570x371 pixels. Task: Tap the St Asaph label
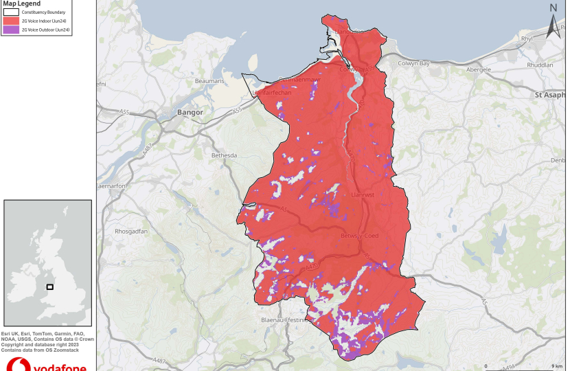[x=551, y=95]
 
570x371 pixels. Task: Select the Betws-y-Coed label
[x=359, y=236]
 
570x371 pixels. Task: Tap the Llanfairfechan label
[x=273, y=92]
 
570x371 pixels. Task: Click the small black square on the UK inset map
[x=49, y=286]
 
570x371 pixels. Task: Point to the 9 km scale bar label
[x=557, y=366]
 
